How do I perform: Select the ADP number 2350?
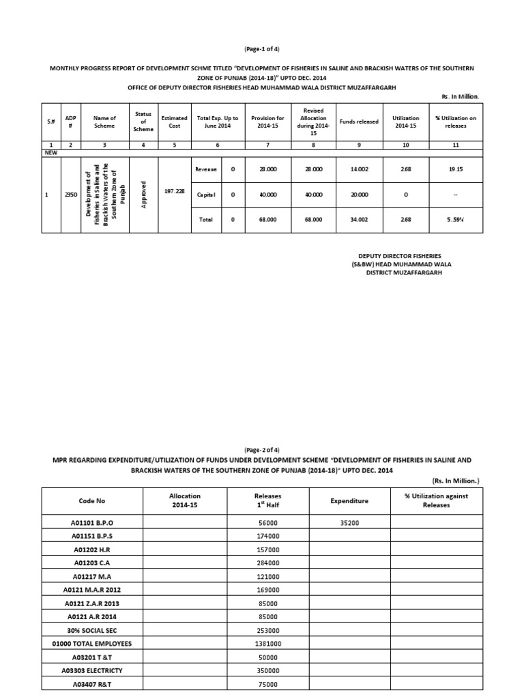[71, 195]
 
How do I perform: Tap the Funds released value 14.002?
[359, 169]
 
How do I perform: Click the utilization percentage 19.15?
[456, 169]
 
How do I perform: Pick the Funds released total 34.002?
[359, 220]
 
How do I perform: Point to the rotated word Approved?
[143, 194]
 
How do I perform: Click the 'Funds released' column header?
[359, 122]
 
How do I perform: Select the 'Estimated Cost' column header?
[174, 122]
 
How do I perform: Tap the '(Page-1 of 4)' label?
[261, 49]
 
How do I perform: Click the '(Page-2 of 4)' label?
[261, 450]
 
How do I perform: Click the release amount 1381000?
[267, 644]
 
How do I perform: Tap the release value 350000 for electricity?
[267, 671]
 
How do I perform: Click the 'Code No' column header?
[93, 500]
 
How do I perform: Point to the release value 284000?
[267, 563]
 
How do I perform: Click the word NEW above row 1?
[50, 154]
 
